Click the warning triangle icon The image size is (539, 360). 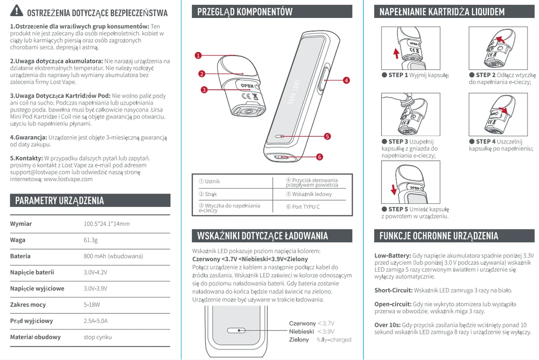coord(16,11)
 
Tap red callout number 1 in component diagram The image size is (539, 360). coord(198,56)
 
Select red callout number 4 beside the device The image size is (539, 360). coord(346,80)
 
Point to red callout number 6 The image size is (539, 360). coord(319,157)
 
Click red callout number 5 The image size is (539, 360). coord(327,136)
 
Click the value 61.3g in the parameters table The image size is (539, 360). coord(90,240)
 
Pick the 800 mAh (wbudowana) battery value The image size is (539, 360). coord(113,256)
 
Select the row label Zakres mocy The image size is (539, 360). coord(28,305)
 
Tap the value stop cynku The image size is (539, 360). coord(97,337)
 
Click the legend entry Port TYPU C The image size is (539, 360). coord(303,207)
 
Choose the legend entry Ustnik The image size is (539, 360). coord(209,181)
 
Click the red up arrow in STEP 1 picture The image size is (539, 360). coord(396,53)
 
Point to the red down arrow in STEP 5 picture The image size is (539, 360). coord(393,190)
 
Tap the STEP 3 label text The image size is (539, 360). coord(398,142)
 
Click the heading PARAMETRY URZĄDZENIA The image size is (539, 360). coord(59,201)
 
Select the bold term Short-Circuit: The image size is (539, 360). coord(393,290)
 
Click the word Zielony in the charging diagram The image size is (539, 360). coord(299,339)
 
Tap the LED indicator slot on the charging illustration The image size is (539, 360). coord(236,330)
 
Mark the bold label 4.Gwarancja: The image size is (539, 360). coord(28,137)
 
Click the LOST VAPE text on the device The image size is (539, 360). coord(294,92)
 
